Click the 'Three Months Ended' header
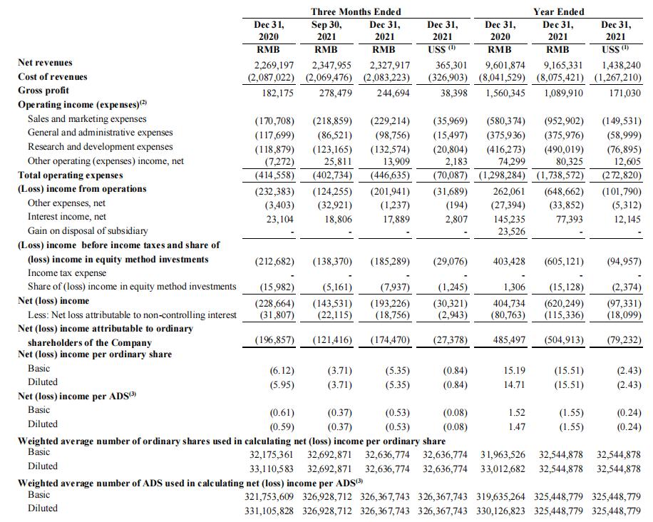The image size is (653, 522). [x=356, y=11]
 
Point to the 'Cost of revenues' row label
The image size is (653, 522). [x=53, y=76]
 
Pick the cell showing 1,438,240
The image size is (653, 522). [x=617, y=63]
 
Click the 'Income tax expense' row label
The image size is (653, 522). [x=67, y=272]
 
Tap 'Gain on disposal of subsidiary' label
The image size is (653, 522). [x=88, y=230]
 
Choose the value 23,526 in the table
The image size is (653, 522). [x=511, y=230]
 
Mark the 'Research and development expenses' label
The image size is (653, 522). [x=101, y=147]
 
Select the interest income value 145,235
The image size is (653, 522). [x=508, y=217]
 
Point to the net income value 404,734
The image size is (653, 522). [x=508, y=301]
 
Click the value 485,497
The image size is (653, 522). [x=508, y=340]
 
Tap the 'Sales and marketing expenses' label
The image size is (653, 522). [x=87, y=118]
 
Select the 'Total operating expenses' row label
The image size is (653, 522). [x=70, y=175]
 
